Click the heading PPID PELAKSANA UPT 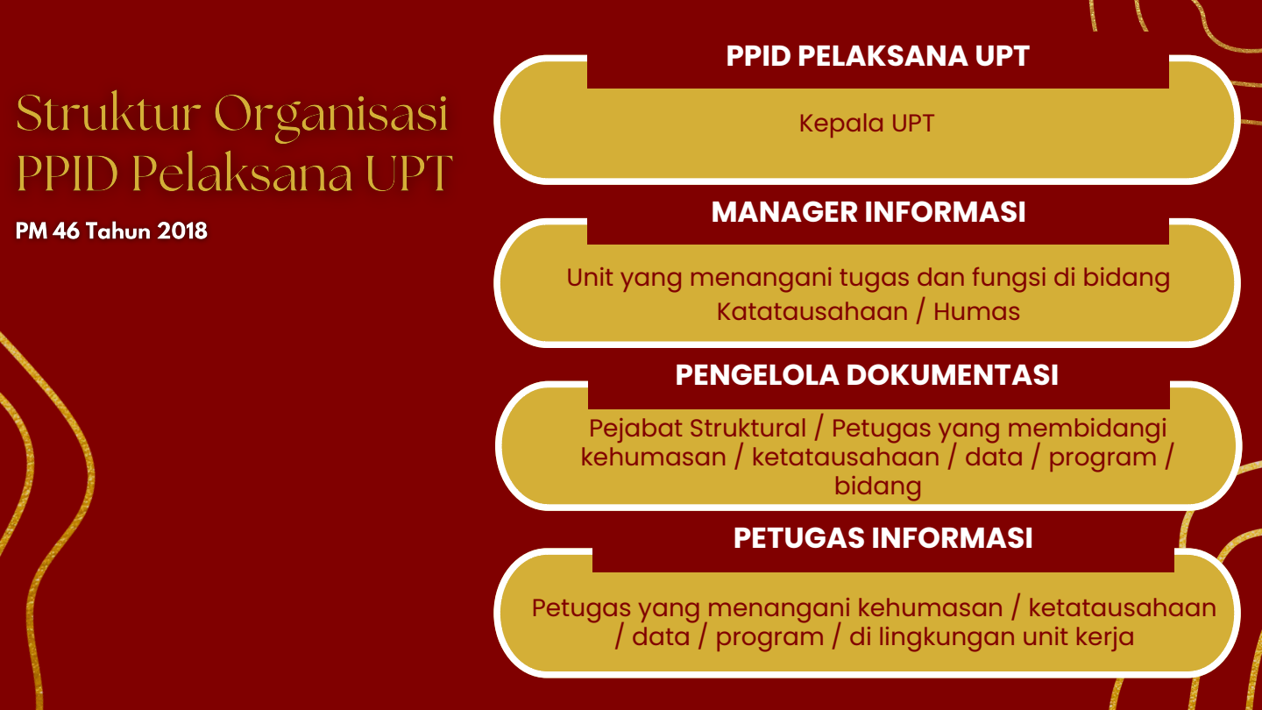click(878, 56)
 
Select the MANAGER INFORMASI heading click(869, 212)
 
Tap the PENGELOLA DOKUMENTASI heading click(867, 375)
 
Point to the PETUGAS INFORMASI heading click(883, 537)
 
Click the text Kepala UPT click(867, 124)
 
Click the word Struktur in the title click(108, 113)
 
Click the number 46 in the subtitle click(66, 231)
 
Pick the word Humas click(976, 312)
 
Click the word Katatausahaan click(812, 312)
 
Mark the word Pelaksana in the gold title click(243, 173)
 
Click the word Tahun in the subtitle click(118, 231)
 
